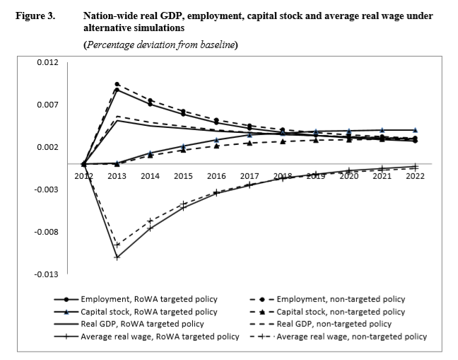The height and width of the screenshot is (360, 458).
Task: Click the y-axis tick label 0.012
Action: (x=47, y=62)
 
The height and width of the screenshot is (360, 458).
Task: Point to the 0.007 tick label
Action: (x=47, y=105)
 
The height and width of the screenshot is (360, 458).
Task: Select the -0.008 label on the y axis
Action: (x=46, y=232)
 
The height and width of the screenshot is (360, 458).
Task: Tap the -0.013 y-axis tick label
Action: (x=46, y=274)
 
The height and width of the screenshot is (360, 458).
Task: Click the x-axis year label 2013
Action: (x=117, y=175)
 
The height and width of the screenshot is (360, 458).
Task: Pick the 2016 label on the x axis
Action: (x=216, y=175)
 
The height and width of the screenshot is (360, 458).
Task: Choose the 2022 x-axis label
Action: (x=415, y=175)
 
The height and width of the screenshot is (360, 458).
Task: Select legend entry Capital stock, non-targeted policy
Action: (x=340, y=311)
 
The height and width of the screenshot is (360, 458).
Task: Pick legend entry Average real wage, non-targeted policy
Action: (x=351, y=337)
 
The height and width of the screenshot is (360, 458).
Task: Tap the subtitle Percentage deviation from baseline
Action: (x=161, y=45)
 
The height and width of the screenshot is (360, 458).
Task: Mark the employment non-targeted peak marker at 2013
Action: (x=117, y=84)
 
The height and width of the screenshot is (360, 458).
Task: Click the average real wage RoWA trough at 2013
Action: (x=117, y=257)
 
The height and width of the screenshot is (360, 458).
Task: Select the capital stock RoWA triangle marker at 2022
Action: (x=415, y=130)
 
